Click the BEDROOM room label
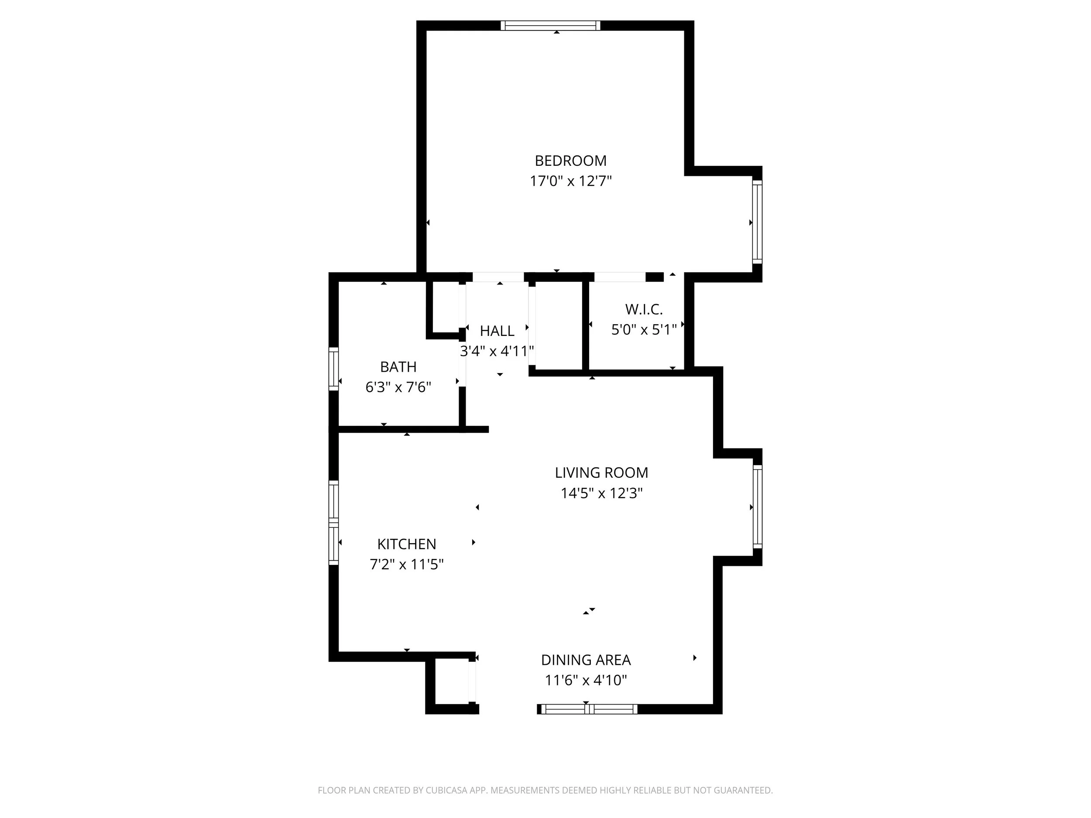pos(570,161)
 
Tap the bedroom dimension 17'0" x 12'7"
pos(570,181)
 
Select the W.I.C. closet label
pos(644,309)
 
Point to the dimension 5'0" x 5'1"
pos(644,329)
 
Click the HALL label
pos(497,331)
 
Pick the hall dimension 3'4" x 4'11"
pos(497,351)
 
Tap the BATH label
pos(398,367)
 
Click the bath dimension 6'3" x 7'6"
pos(398,387)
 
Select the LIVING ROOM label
pos(601,472)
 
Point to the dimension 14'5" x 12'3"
pos(601,493)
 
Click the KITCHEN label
pos(406,544)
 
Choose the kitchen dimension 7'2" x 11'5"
pos(406,564)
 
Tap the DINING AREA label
pos(586,660)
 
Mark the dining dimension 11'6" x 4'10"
pos(586,681)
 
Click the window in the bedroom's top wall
pos(550,26)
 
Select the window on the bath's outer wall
pos(334,369)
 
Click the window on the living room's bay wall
pos(757,507)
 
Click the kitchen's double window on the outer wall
pos(334,522)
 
